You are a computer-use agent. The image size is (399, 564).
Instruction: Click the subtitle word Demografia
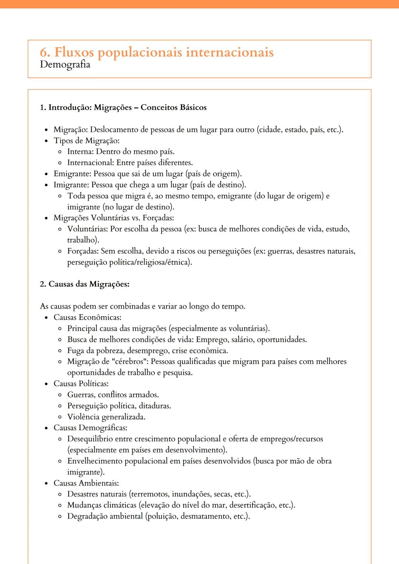(x=65, y=65)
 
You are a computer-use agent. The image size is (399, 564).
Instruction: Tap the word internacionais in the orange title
(x=229, y=52)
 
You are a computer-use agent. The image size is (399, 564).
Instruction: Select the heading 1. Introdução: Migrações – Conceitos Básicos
(x=123, y=107)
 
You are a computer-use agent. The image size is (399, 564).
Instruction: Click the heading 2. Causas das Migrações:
(x=85, y=284)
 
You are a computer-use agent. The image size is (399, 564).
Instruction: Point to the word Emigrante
(x=72, y=174)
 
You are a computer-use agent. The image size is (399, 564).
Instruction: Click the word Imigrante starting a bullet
(x=71, y=185)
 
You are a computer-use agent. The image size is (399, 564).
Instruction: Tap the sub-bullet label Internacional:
(x=91, y=163)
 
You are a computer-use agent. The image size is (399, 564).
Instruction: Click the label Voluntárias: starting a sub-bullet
(x=88, y=229)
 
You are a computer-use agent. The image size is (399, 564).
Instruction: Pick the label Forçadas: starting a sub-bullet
(x=83, y=251)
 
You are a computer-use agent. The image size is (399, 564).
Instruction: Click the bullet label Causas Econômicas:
(x=87, y=317)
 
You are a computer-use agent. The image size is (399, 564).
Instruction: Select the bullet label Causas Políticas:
(x=81, y=384)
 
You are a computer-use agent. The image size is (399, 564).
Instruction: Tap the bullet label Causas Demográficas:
(x=90, y=428)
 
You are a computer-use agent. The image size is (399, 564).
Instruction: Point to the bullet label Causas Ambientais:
(x=86, y=483)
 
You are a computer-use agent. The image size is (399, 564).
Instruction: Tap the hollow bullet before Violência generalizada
(x=60, y=417)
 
